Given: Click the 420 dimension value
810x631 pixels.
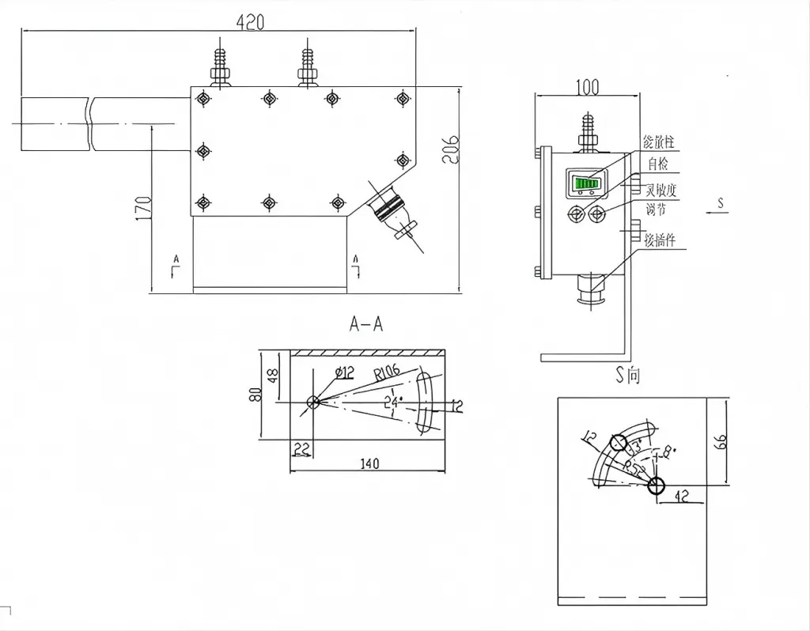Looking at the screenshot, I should pos(251,22).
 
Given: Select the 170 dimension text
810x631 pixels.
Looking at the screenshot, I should pos(143,208).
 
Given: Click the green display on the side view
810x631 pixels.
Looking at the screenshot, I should pos(585,184).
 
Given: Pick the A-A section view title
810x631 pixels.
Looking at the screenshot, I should pos(366,324).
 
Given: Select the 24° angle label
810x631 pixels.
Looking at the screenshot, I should pos(392,401).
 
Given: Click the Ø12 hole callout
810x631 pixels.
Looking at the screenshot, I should pos(344,372).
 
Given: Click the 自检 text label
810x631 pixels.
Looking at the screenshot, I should pos(658,164).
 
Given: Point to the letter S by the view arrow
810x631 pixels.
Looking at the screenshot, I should pos(720,203).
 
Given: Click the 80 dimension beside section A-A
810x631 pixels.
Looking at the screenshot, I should pos(255,393).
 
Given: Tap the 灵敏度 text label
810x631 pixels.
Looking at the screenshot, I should pos(660,191).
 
